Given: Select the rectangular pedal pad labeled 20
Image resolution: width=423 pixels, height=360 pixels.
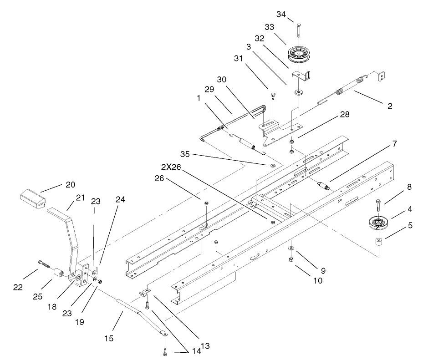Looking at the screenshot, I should point(32,200).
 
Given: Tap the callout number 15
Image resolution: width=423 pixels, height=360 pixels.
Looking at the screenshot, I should point(108,338).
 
